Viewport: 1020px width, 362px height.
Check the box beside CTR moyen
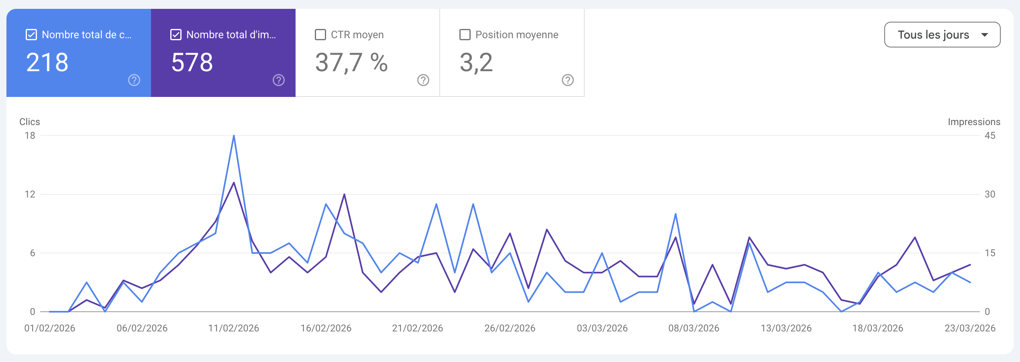320,35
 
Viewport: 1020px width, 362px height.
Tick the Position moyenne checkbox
465,35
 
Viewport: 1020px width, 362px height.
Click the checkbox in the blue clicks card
31,35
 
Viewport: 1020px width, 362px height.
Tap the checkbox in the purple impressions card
176,35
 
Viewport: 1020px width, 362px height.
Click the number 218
47,63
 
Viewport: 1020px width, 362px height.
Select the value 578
192,63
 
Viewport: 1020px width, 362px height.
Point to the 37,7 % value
351,63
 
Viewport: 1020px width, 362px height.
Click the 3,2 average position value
476,63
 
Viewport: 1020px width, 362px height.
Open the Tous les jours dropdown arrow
984,35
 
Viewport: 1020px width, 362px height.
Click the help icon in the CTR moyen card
423,80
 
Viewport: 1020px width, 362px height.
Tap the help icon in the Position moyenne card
567,80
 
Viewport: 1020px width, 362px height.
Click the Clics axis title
30,122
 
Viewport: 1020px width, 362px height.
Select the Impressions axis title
974,122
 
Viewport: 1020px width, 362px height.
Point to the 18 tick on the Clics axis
30,136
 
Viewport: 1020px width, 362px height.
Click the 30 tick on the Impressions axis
989,194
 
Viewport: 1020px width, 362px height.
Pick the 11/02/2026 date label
234,328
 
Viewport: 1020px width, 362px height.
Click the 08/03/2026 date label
694,328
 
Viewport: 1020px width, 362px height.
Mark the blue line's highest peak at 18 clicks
234,136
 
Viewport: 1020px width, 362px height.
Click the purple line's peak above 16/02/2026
344,195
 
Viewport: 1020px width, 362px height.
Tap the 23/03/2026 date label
970,328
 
